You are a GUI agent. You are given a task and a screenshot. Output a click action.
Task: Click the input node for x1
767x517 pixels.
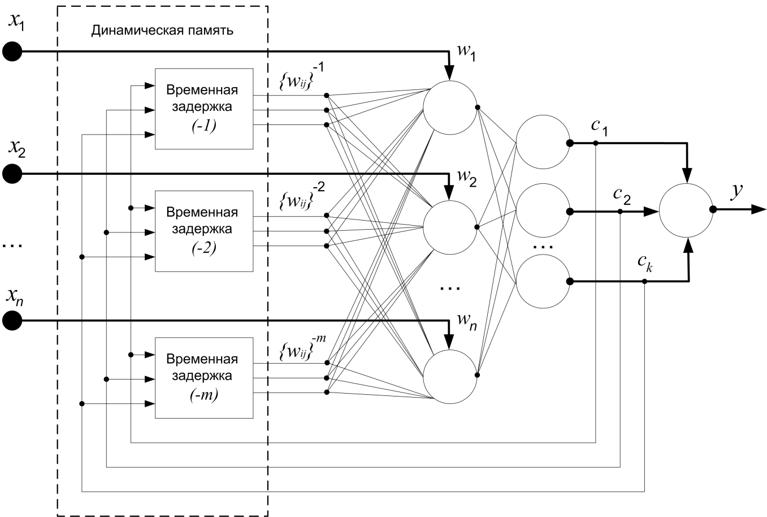click(x=12, y=52)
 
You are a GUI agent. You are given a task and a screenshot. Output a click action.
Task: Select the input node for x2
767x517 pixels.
click(x=12, y=174)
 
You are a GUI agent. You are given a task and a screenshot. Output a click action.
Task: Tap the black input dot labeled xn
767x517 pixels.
click(x=12, y=321)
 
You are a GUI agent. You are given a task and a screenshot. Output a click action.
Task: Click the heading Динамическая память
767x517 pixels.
click(x=162, y=31)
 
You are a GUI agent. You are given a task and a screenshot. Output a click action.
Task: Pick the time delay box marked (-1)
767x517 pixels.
click(x=203, y=109)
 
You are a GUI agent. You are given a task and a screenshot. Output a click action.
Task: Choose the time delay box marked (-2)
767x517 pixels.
click(x=203, y=231)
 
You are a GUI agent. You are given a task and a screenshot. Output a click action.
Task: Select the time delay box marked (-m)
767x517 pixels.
click(x=203, y=378)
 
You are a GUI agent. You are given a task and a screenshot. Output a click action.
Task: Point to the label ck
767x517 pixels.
click(x=644, y=264)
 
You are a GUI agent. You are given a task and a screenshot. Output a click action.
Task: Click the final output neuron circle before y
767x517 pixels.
click(x=686, y=210)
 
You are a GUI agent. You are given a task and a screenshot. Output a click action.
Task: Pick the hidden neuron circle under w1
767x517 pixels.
click(x=450, y=107)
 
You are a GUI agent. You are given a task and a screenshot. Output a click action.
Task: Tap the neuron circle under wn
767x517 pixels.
click(x=450, y=375)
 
